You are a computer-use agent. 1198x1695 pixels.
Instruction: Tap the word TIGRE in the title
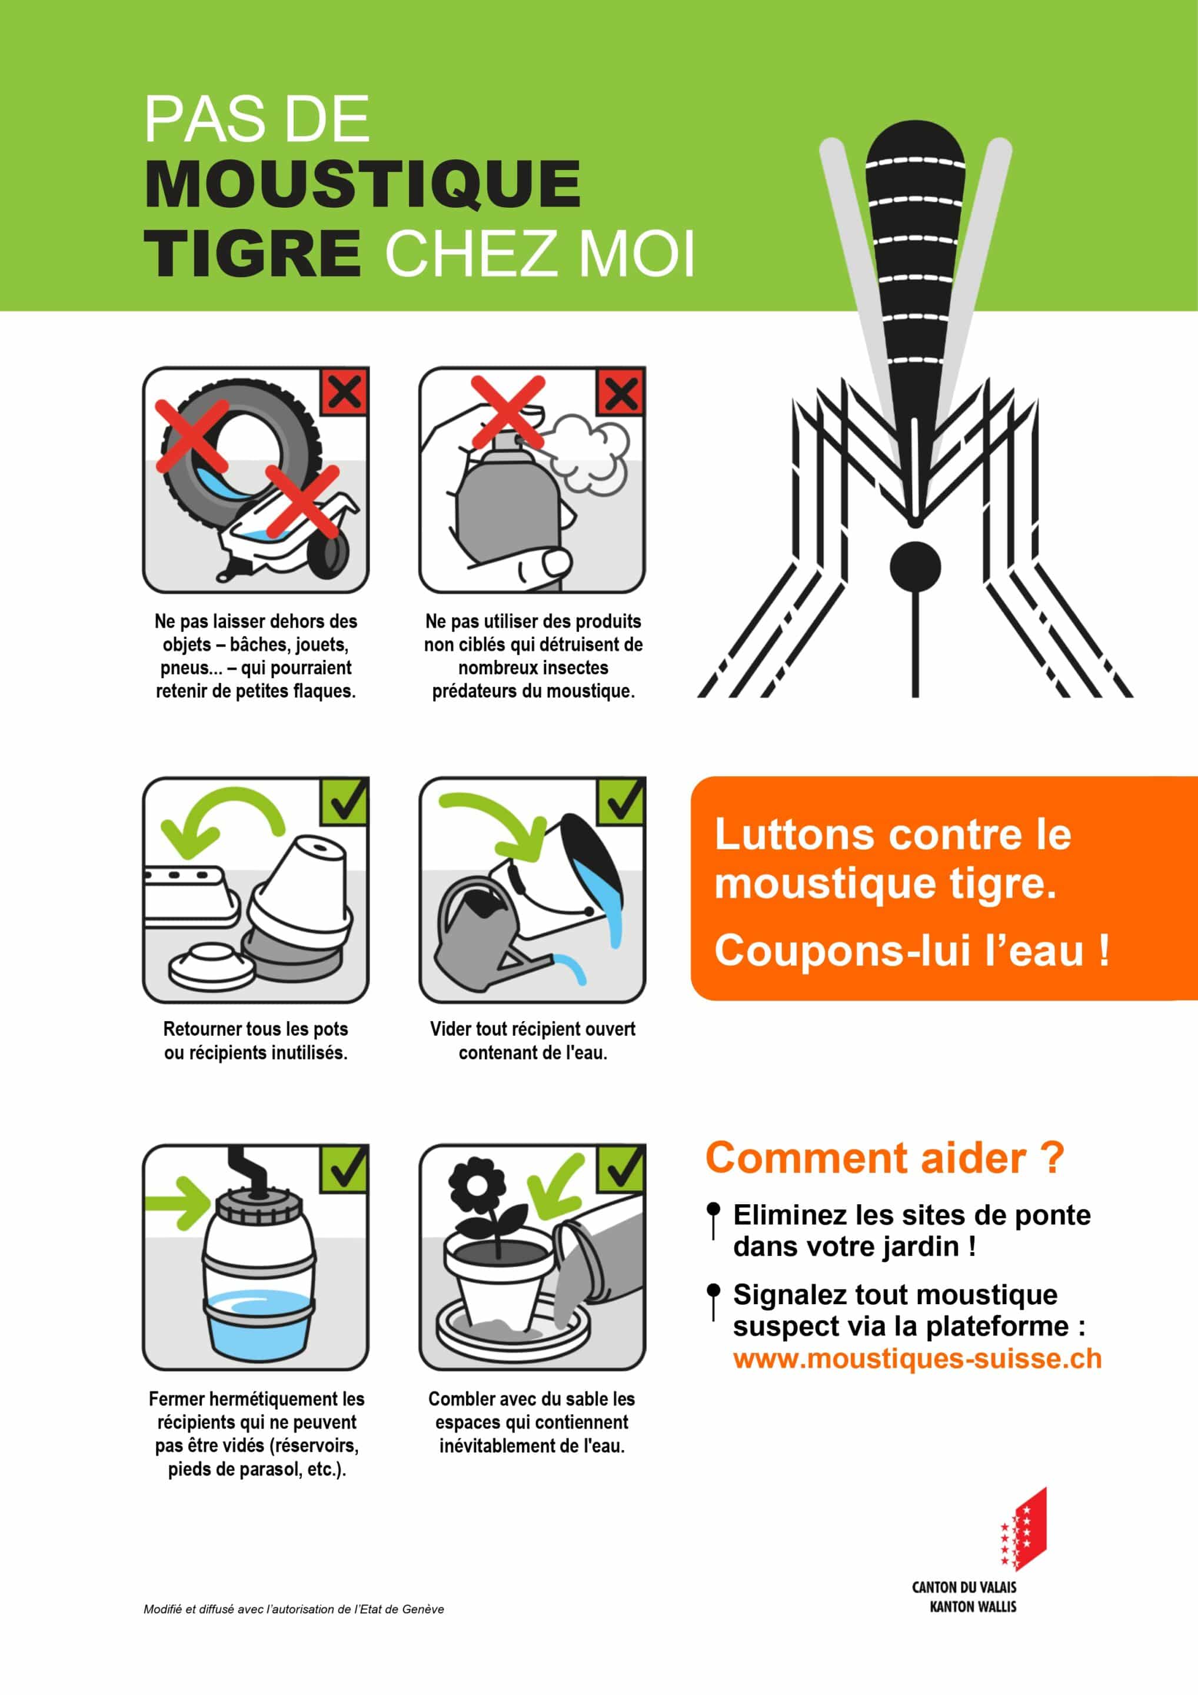(252, 253)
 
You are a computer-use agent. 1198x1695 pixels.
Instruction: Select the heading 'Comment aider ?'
(884, 1158)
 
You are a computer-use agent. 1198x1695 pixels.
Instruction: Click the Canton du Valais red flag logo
(1023, 1530)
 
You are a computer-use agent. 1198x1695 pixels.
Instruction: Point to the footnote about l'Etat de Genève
(294, 1609)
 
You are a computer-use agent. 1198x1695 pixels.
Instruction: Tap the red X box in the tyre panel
(344, 391)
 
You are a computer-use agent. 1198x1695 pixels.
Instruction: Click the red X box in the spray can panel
(621, 391)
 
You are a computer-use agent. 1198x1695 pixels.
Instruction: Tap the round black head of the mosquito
(916, 567)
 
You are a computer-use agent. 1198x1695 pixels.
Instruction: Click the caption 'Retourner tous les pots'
(255, 1028)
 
